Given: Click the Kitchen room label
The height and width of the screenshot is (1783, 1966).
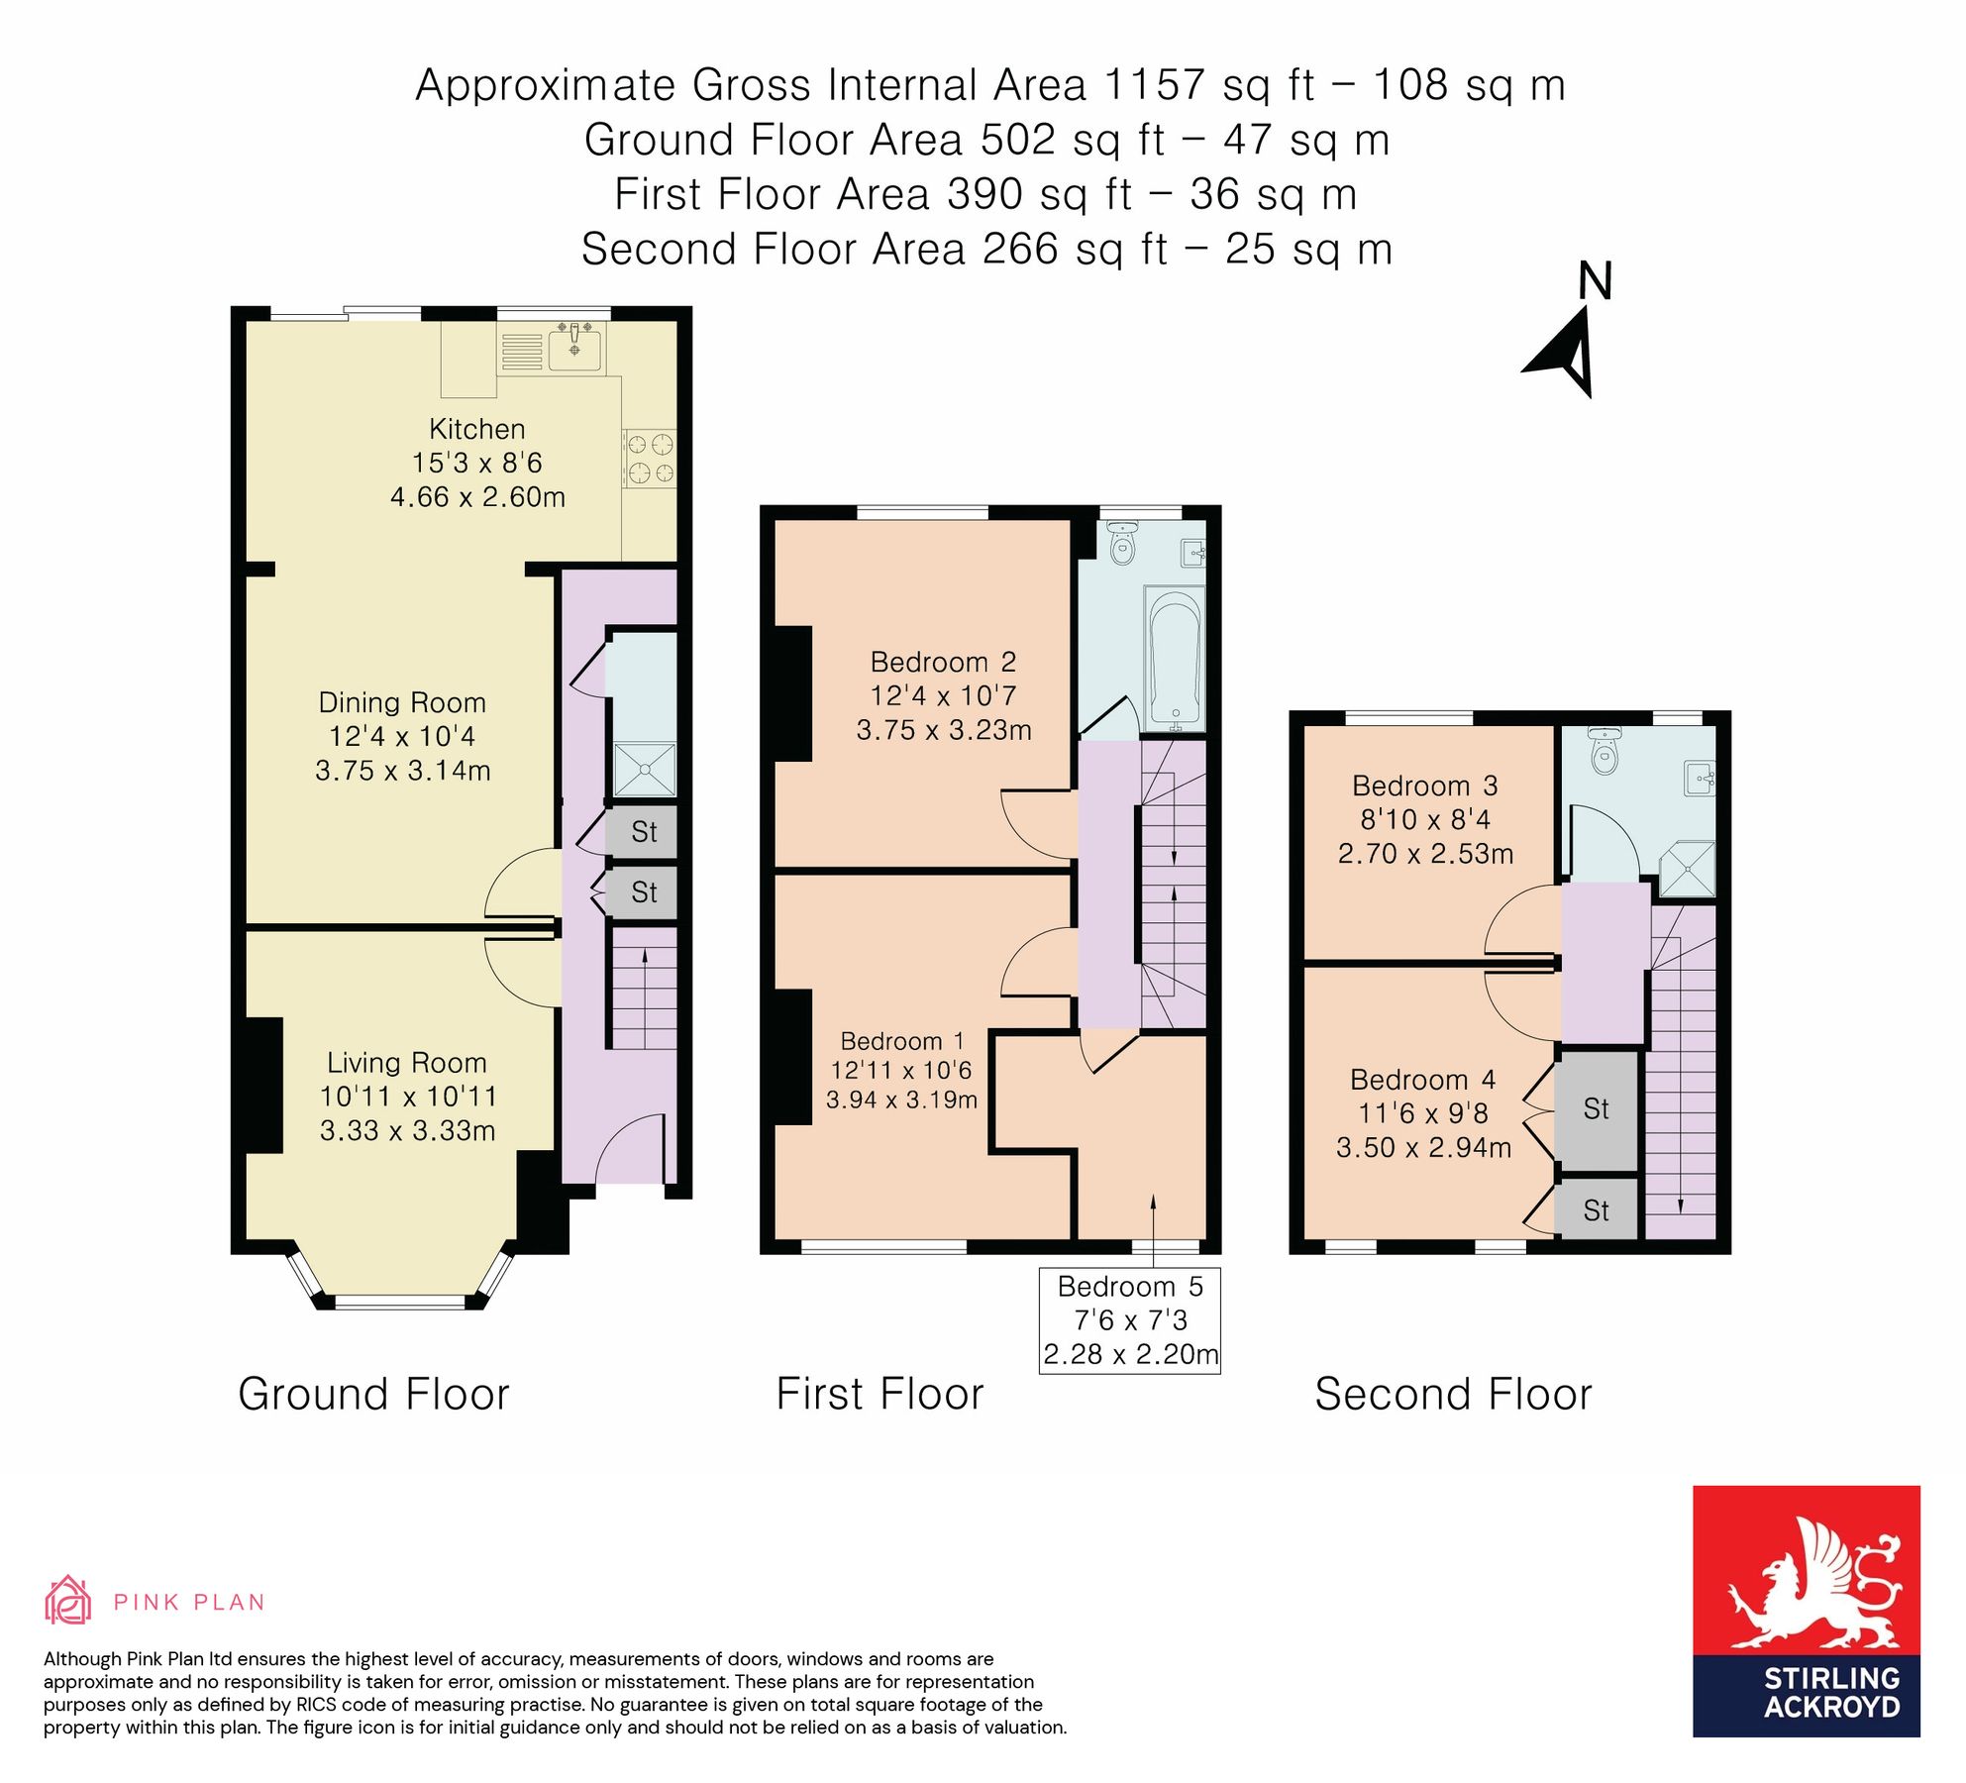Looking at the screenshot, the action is [x=476, y=429].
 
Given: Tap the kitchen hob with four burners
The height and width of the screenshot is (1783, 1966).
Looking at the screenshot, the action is [x=650, y=459].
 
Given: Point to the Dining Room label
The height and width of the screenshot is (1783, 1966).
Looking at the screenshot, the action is [x=402, y=702].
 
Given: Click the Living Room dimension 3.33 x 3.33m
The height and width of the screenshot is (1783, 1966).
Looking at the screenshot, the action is [x=407, y=1130].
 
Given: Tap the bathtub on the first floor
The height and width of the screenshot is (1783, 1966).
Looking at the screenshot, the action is [x=1176, y=659].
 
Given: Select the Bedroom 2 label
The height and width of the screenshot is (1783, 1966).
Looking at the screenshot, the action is [x=943, y=662].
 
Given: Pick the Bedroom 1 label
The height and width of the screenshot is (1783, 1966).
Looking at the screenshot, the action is [x=901, y=1041].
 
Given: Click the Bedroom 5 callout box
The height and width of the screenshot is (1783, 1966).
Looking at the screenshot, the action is [x=1130, y=1320].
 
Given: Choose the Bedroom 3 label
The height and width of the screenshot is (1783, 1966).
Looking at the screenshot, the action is [x=1424, y=786].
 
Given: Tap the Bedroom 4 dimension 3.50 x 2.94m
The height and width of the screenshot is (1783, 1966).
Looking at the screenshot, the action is [x=1423, y=1147].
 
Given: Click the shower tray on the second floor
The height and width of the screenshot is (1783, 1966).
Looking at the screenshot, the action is [x=1687, y=869].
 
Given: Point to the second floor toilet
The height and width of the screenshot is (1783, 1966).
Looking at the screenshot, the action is [x=1604, y=751].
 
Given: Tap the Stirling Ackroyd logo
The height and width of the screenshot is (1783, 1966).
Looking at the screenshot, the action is [x=1807, y=1612].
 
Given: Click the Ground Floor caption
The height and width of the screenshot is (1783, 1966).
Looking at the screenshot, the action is [x=373, y=1394].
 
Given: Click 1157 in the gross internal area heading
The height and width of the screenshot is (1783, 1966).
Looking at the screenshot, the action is [x=1154, y=85].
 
